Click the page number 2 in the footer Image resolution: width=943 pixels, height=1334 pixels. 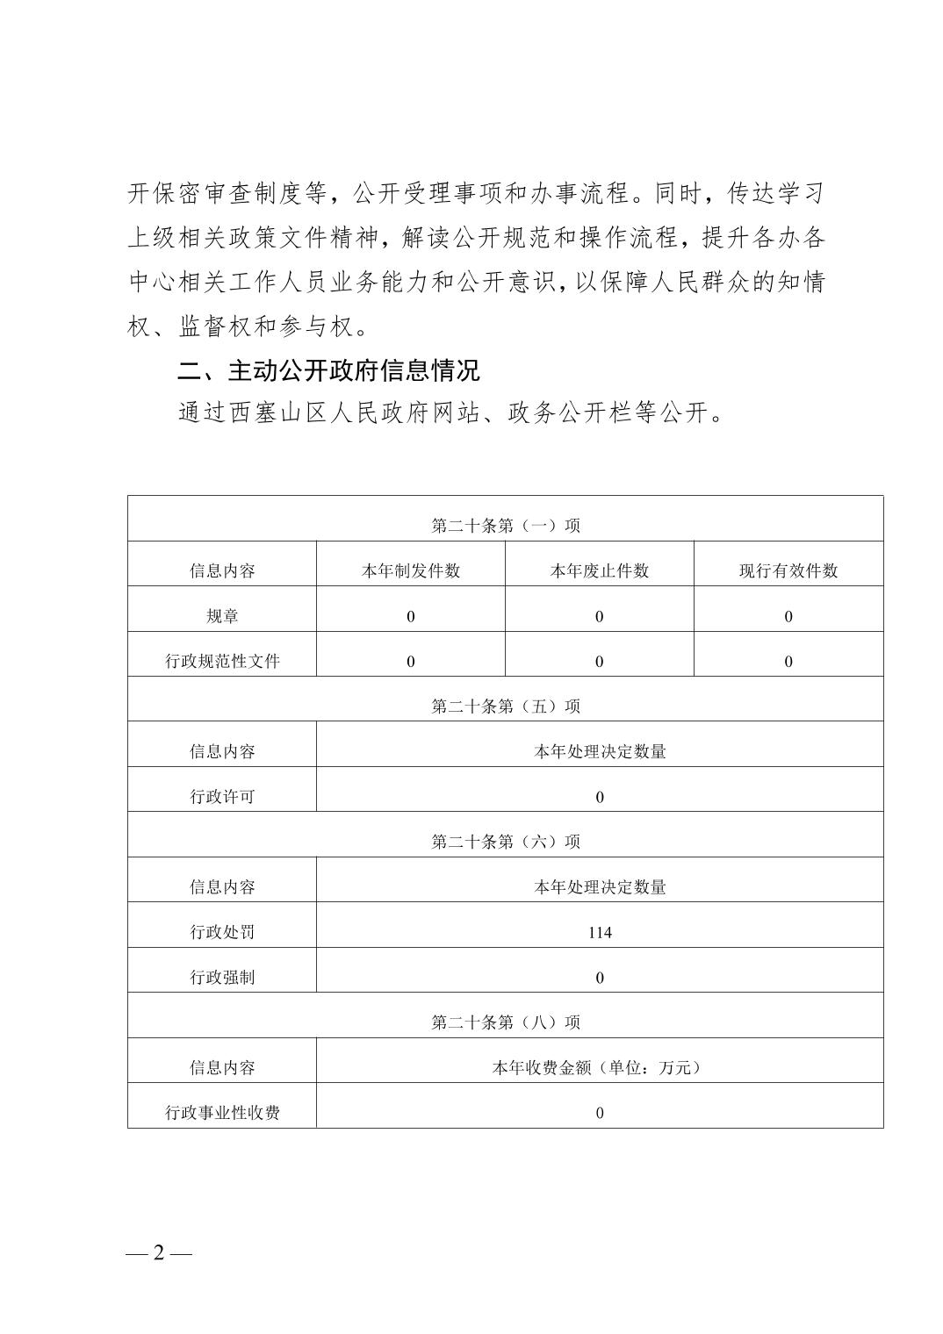(x=159, y=1252)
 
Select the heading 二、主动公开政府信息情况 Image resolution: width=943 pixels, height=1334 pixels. (x=328, y=370)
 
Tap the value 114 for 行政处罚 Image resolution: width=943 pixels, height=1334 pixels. (x=600, y=932)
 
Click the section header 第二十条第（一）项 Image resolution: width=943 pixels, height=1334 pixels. (x=506, y=526)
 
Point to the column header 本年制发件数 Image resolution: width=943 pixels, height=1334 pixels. (x=411, y=570)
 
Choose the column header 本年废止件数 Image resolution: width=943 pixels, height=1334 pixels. (x=600, y=570)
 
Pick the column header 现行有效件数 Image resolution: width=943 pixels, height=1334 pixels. (x=788, y=570)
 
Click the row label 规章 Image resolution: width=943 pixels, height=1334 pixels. (x=222, y=616)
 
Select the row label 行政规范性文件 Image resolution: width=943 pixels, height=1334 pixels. (x=222, y=661)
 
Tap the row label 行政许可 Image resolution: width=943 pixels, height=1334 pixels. (x=222, y=797)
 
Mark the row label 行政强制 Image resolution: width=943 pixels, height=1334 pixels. (x=222, y=978)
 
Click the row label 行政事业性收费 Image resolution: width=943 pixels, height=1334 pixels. (x=222, y=1113)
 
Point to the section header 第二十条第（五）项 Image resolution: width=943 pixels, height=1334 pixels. (x=506, y=706)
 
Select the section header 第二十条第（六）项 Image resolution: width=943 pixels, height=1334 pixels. (x=506, y=842)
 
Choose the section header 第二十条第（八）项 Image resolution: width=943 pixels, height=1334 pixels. (x=506, y=1022)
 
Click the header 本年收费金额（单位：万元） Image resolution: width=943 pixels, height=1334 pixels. (x=600, y=1067)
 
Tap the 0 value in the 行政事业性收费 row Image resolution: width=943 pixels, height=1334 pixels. (x=600, y=1113)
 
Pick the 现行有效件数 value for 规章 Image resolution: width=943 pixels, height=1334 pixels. (x=788, y=616)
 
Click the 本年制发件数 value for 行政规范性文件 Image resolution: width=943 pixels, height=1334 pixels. (x=411, y=661)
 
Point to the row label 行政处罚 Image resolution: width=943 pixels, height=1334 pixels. (x=222, y=932)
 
